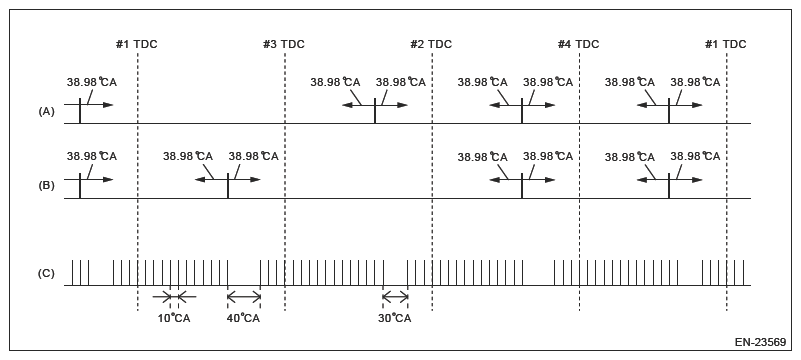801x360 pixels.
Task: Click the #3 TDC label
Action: coord(284,44)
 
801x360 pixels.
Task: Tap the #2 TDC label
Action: coord(431,44)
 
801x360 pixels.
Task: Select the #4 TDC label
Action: coord(579,44)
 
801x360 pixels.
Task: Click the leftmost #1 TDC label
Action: coord(137,44)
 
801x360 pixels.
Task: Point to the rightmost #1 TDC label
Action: coord(726,44)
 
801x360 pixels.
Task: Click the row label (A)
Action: coord(46,112)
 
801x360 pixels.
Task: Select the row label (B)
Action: coord(46,186)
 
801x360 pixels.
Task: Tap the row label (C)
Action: coord(46,273)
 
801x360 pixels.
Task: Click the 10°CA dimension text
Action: coord(174,318)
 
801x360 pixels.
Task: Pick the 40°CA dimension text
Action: coord(243,318)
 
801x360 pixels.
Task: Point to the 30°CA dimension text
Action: coord(394,318)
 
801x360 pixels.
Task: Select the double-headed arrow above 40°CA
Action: coord(243,296)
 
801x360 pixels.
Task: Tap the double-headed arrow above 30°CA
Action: coord(394,296)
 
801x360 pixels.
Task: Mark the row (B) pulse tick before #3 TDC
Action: coord(228,186)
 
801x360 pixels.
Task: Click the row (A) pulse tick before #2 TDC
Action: coord(375,110)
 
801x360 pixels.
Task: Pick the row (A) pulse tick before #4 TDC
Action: coord(522,110)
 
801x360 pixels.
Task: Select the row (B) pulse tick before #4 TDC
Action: coord(522,186)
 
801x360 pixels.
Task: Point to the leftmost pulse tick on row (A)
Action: coord(80,110)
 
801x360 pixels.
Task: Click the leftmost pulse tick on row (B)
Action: coord(80,186)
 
